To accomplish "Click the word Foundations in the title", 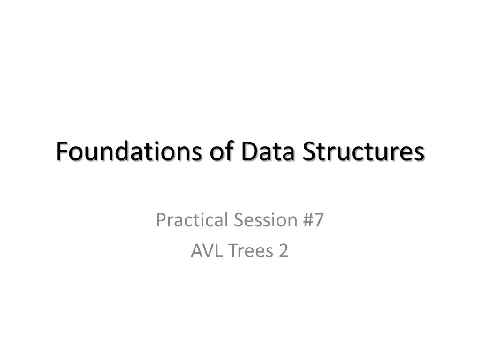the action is pyautogui.click(x=129, y=151).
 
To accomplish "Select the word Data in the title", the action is pyautogui.click(x=268, y=151).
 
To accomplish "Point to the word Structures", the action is pyautogui.click(x=363, y=151).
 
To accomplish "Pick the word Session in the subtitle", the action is pyautogui.click(x=266, y=220).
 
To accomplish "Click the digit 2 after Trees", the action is pyautogui.click(x=284, y=251).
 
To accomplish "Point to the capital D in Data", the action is pyautogui.click(x=249, y=151).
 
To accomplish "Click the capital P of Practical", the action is pyautogui.click(x=161, y=220).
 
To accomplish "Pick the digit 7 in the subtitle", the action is pyautogui.click(x=319, y=220).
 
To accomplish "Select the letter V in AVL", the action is pyautogui.click(x=208, y=251).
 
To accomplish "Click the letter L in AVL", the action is pyautogui.click(x=218, y=251).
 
